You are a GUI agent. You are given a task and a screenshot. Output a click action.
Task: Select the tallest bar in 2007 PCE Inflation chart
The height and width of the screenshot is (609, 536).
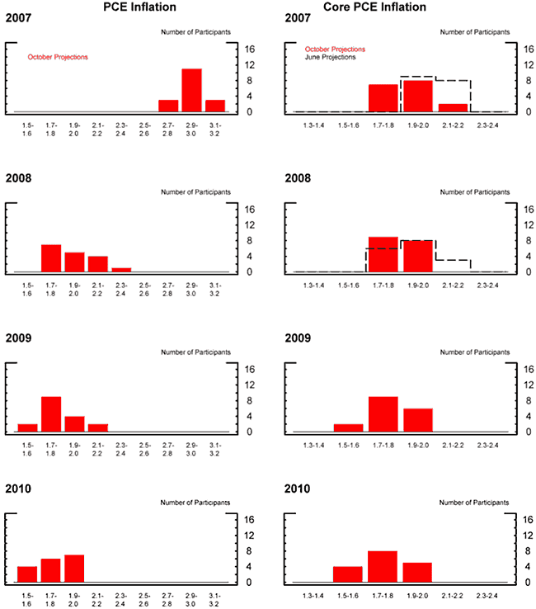tap(191, 90)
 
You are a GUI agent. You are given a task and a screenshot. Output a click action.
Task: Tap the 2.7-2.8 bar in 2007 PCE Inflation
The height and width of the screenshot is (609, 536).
tap(168, 106)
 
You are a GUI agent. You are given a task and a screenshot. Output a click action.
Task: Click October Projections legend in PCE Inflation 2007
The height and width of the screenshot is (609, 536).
tap(58, 57)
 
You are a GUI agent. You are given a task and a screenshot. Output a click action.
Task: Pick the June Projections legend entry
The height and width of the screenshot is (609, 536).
tap(331, 58)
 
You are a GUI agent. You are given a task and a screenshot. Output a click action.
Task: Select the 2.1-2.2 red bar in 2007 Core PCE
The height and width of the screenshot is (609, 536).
tap(453, 107)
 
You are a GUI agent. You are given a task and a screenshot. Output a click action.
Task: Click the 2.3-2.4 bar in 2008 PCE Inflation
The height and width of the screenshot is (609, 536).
tap(121, 269)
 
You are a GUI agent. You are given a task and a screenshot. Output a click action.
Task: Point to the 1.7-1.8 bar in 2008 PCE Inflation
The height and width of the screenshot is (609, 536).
tap(51, 257)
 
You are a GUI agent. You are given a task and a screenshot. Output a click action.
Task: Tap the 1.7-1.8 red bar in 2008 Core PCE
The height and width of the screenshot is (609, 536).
tap(383, 254)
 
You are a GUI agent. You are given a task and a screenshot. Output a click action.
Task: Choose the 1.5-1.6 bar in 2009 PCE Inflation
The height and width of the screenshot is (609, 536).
tap(27, 427)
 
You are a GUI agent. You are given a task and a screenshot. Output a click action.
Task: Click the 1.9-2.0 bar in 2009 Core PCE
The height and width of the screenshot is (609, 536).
tap(418, 420)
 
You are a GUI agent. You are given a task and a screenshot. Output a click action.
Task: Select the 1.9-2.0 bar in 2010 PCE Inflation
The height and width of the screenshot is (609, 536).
tap(73, 569)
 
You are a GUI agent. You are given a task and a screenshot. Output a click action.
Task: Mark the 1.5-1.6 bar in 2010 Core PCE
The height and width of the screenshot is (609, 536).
tap(348, 574)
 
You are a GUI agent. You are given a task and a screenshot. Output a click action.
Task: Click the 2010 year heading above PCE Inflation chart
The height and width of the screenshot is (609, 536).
tap(19, 489)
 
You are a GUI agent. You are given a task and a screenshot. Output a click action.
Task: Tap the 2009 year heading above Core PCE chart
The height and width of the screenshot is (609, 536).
tap(295, 338)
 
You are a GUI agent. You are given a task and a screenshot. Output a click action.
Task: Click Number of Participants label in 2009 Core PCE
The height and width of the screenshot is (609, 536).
tap(475, 352)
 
